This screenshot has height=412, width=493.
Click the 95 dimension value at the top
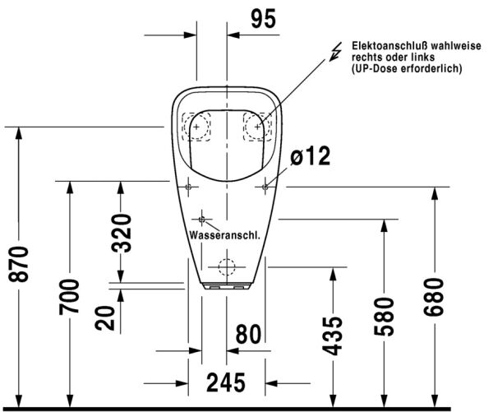(x=264, y=19)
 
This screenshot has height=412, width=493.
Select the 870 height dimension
(x=19, y=264)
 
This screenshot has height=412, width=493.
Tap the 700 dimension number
(x=70, y=297)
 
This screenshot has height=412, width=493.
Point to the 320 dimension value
(x=121, y=234)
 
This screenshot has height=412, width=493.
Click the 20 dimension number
(x=105, y=318)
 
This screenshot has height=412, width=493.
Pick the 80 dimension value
(x=248, y=334)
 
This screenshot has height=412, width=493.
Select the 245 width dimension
(x=226, y=382)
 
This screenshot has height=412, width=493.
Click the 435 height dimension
(x=332, y=336)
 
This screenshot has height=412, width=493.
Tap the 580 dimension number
(x=385, y=317)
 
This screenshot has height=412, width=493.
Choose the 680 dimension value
(x=434, y=297)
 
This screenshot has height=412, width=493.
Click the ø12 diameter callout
(x=311, y=155)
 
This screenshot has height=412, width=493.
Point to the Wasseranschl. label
(x=225, y=235)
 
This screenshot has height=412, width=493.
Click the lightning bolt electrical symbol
(x=336, y=52)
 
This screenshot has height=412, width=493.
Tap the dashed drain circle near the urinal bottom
(x=227, y=267)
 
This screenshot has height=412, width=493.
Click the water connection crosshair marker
(x=202, y=220)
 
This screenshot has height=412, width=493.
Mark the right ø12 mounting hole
(x=265, y=187)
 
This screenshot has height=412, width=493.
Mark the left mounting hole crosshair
(x=188, y=187)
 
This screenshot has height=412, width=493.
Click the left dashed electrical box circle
(x=196, y=127)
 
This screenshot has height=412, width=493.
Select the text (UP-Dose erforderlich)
(x=407, y=68)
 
